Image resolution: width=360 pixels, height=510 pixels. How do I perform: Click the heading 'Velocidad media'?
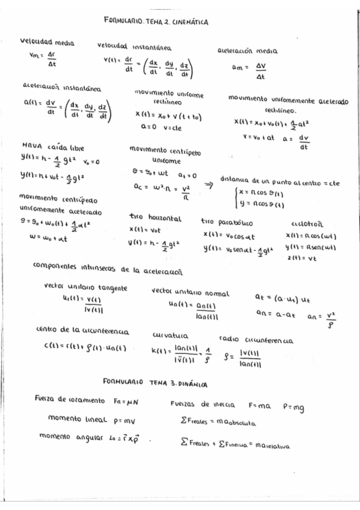tap(47, 42)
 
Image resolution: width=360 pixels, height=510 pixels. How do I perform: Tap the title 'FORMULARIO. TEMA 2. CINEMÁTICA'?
tap(156, 22)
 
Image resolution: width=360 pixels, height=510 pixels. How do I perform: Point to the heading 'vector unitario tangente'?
tap(86, 287)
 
